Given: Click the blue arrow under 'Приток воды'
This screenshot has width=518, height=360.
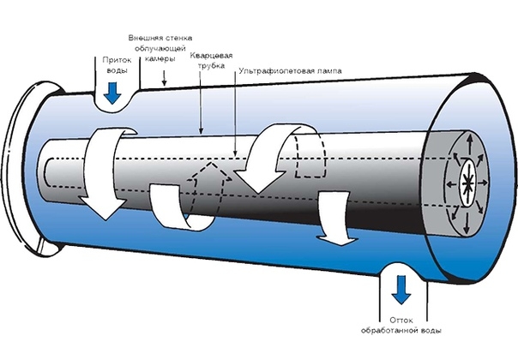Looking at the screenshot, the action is (112, 93).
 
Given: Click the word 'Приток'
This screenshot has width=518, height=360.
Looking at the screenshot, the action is (117, 60).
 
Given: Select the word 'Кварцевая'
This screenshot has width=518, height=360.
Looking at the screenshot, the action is (211, 55).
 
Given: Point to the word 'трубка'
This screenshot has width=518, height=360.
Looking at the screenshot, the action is (212, 65).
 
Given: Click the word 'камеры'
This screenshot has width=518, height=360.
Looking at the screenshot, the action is (160, 59).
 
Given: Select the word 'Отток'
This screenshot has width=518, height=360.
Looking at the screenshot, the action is (401, 320).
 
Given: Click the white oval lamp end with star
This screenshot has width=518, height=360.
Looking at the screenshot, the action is (467, 183).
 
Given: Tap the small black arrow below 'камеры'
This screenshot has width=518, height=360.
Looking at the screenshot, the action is (164, 78).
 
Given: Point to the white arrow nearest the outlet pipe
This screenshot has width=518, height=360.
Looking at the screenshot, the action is (336, 218).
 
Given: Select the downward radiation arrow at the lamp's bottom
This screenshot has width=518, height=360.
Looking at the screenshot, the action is (467, 223).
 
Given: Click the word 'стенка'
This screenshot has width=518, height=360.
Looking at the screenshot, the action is (178, 38).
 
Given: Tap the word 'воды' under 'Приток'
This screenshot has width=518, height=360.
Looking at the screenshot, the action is (117, 70).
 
